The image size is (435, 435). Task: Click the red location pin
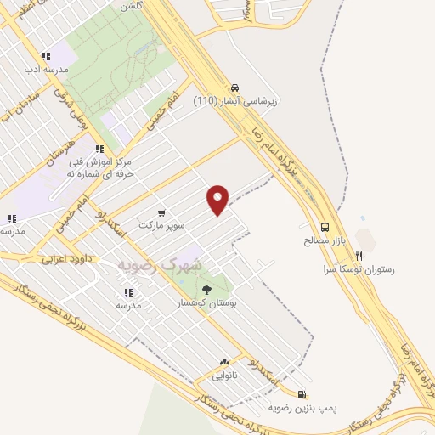click(218, 200)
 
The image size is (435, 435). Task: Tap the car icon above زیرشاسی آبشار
click(234, 88)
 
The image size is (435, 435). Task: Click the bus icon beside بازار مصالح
click(325, 227)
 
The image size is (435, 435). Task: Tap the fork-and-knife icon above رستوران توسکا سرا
click(359, 255)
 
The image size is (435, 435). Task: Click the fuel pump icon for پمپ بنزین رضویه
click(302, 393)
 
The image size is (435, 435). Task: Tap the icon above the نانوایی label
click(224, 361)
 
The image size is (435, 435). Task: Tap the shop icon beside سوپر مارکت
click(161, 212)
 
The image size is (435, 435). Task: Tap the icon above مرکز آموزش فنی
click(100, 148)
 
